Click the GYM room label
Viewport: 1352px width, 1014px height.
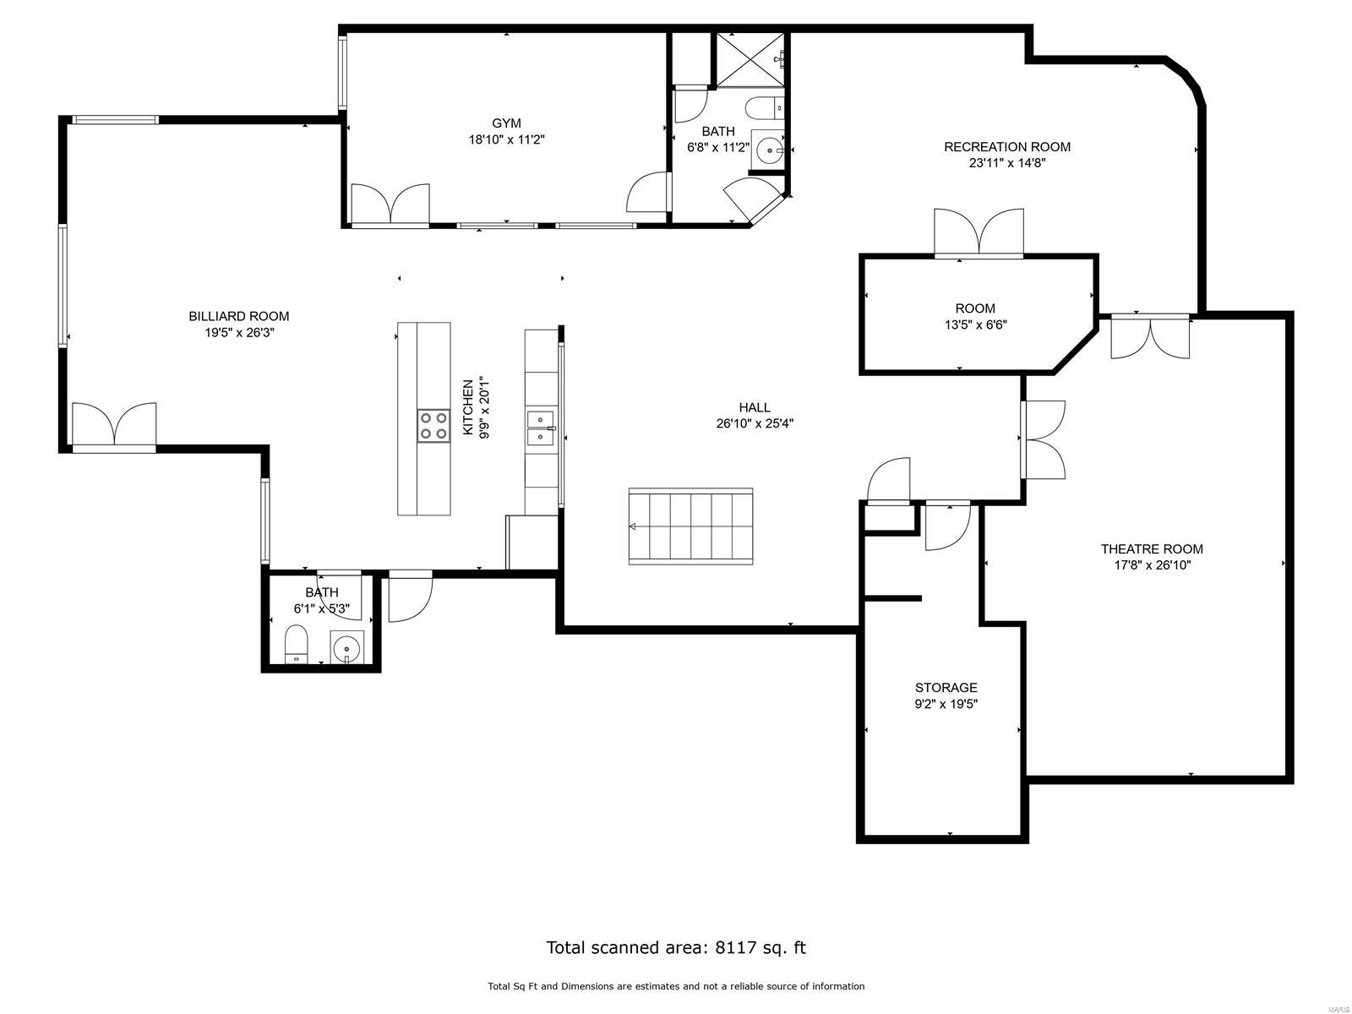click(x=506, y=123)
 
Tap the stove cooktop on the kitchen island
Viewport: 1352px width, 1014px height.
click(x=433, y=425)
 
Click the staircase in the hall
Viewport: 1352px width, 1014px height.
click(x=690, y=526)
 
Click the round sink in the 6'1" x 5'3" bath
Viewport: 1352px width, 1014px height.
click(x=346, y=649)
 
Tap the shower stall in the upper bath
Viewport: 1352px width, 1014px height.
click(x=750, y=59)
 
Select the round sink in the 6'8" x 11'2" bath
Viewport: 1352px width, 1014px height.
click(x=770, y=151)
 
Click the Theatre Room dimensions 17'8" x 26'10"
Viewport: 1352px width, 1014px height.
click(x=1151, y=565)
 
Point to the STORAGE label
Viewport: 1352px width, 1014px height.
click(x=946, y=688)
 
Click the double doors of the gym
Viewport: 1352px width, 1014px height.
click(x=390, y=205)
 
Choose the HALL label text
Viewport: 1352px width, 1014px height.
click(x=754, y=407)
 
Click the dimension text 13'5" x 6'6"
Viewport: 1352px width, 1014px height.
click(x=975, y=324)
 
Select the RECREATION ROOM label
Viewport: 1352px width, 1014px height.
click(x=1006, y=147)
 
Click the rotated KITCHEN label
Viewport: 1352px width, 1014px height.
click(x=467, y=407)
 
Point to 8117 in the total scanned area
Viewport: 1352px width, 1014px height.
click(x=735, y=947)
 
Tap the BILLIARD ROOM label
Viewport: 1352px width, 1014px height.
click(x=238, y=316)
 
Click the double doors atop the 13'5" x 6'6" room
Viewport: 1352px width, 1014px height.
click(x=979, y=232)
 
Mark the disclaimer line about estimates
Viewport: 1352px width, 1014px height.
click(x=675, y=986)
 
